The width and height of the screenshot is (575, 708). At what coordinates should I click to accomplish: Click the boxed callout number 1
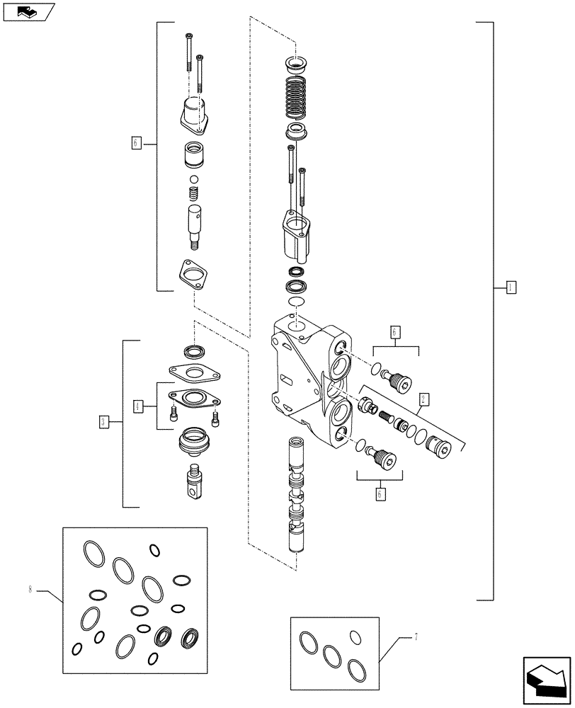click(511, 287)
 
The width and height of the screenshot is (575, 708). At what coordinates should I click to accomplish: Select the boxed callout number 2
click(423, 398)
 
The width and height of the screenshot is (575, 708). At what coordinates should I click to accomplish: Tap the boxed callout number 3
click(103, 422)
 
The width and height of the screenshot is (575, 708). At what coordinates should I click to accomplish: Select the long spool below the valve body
click(296, 496)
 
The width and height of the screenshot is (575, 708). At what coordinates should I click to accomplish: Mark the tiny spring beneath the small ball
click(193, 194)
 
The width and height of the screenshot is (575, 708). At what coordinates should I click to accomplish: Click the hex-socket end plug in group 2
click(438, 448)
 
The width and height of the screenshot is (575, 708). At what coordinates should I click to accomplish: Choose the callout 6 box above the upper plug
click(395, 331)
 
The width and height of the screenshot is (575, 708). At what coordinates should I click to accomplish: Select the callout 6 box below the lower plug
click(380, 493)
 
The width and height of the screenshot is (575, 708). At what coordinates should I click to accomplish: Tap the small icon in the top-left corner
click(28, 12)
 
